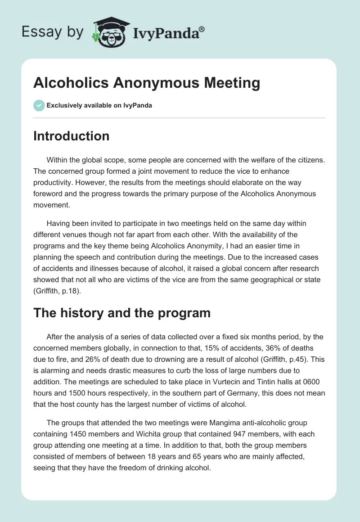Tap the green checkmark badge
click(x=39, y=106)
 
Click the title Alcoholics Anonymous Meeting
click(x=147, y=83)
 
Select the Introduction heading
click(x=71, y=136)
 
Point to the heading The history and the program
click(x=122, y=313)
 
